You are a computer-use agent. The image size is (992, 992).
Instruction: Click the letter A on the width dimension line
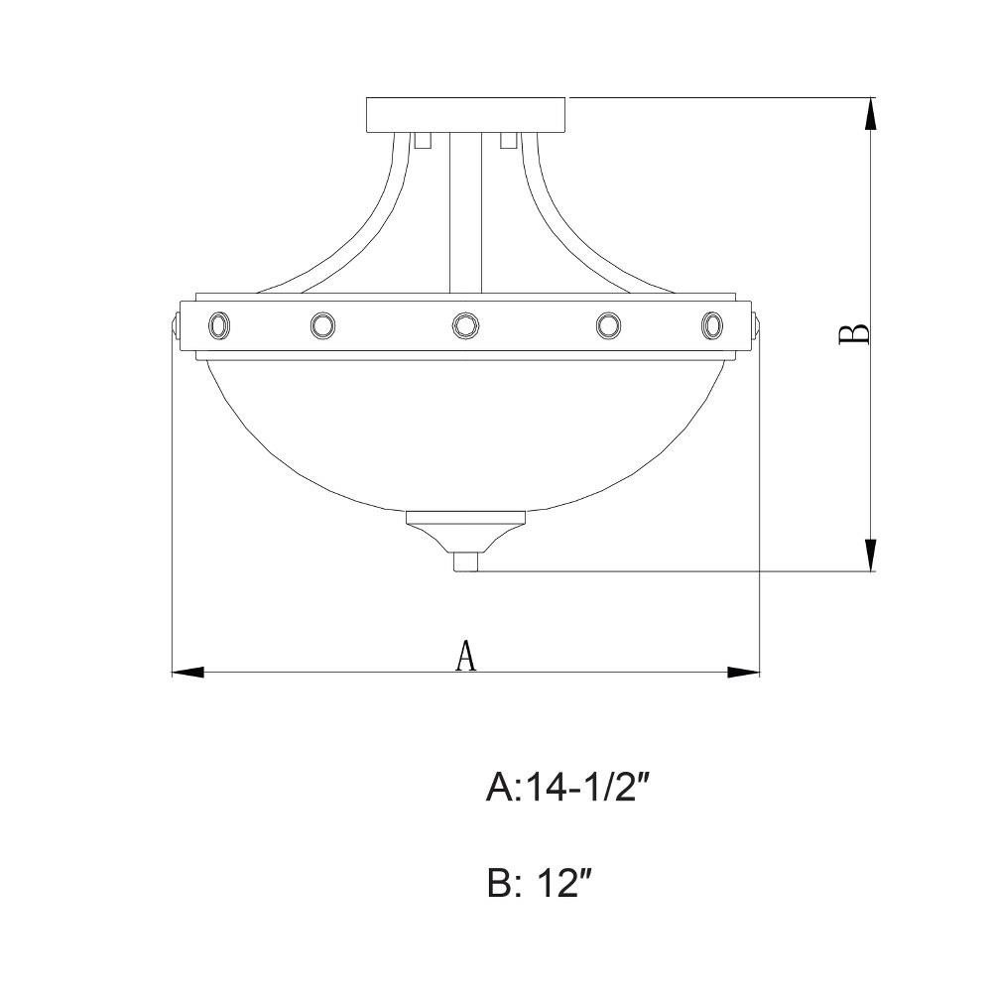tap(466, 656)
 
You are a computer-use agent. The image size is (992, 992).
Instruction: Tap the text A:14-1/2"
tap(568, 789)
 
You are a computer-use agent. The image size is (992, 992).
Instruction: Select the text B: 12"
tap(540, 883)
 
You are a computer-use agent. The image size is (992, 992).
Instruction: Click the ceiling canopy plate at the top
tap(466, 114)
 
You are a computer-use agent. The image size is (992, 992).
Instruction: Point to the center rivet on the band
tap(465, 325)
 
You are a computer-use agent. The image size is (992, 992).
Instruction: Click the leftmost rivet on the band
tap(219, 325)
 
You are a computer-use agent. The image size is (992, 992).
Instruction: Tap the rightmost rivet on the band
tap(711, 325)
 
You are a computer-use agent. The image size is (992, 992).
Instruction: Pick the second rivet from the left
tap(322, 325)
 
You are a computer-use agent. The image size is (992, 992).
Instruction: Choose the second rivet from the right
tap(608, 325)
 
